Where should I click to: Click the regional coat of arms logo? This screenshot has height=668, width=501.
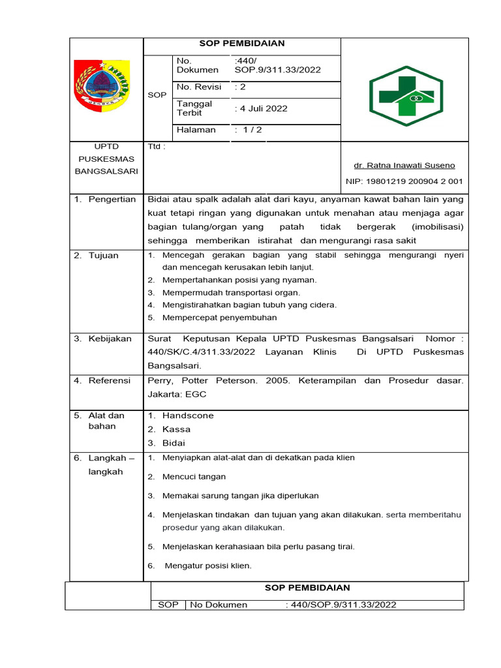[102, 86]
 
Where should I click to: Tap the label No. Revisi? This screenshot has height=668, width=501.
[199, 87]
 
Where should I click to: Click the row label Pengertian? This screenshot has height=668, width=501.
[112, 200]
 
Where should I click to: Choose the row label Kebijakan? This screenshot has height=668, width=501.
[110, 339]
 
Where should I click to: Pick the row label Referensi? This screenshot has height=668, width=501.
[110, 380]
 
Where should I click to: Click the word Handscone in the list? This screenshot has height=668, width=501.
[188, 416]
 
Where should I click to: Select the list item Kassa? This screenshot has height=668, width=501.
[176, 429]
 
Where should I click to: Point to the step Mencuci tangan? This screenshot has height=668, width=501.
[194, 477]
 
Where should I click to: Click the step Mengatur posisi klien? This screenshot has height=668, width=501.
[207, 566]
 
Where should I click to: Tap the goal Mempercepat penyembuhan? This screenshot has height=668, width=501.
[219, 318]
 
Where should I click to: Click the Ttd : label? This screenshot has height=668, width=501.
[157, 147]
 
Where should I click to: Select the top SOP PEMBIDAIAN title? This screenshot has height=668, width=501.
[242, 44]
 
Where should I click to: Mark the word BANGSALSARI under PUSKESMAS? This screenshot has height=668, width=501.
[106, 171]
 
